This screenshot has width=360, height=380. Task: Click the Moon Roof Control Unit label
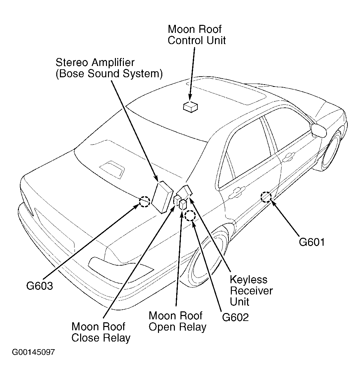coord(196,35)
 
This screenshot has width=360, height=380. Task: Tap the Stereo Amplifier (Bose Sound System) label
coord(109,68)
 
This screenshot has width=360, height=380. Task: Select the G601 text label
coord(312,242)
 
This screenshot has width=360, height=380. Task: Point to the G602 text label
coord(235,317)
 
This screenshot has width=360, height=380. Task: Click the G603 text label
coord(39,286)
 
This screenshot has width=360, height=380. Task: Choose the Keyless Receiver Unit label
coord(251,291)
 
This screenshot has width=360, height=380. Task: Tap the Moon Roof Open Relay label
coord(177,321)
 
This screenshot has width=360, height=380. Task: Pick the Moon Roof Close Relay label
coord(101,332)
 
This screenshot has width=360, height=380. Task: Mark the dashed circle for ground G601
coord(266,197)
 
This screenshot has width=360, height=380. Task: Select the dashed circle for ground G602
coord(190,216)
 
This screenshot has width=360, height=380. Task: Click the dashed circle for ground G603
coord(144,201)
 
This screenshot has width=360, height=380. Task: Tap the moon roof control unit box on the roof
coord(190,106)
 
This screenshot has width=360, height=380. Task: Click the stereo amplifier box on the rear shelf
coord(162,197)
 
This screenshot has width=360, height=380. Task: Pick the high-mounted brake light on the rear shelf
coord(112,168)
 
